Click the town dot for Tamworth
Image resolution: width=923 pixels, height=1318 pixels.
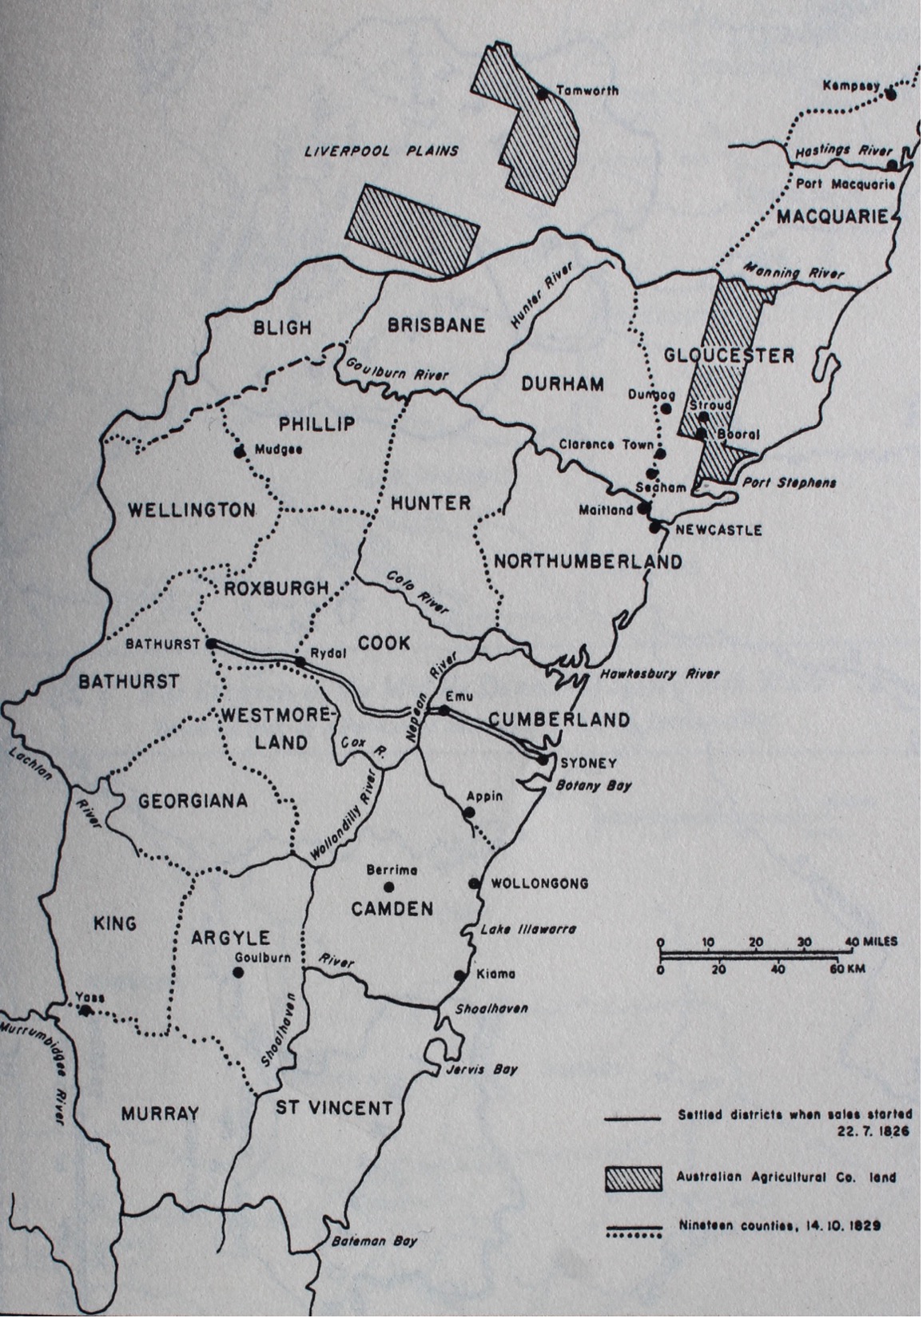(543, 93)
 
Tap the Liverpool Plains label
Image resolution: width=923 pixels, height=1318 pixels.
(381, 150)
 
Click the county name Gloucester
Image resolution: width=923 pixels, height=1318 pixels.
(729, 355)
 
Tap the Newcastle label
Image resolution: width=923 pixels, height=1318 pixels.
(718, 530)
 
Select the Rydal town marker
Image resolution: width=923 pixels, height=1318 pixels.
(300, 661)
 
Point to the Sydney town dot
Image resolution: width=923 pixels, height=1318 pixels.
(543, 759)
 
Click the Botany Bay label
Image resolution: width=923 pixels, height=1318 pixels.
(593, 784)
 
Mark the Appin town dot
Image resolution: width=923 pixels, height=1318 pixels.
(470, 812)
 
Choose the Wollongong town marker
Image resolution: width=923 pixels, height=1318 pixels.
(474, 883)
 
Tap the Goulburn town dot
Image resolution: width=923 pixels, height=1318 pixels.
(237, 972)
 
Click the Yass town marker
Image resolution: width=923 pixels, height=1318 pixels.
(86, 1010)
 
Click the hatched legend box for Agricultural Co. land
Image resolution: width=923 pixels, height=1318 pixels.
(634, 1178)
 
